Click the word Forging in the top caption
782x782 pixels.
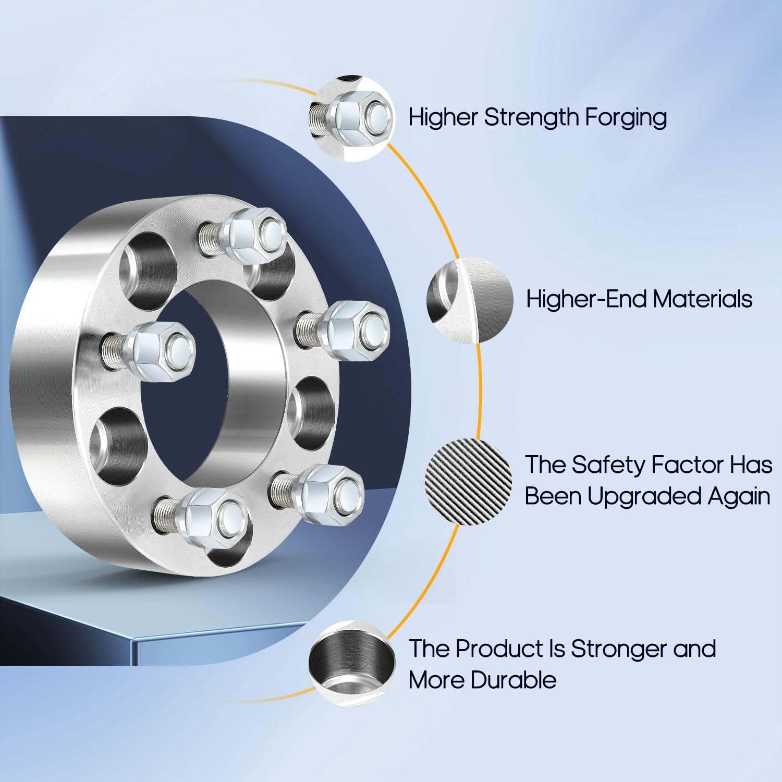[x=625, y=118]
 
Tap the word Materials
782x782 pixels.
[x=702, y=299]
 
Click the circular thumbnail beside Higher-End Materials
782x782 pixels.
[x=469, y=300]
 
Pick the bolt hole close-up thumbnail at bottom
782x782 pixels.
[x=351, y=663]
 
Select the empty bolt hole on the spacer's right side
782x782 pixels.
[x=311, y=409]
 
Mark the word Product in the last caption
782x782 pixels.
[x=500, y=649]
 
